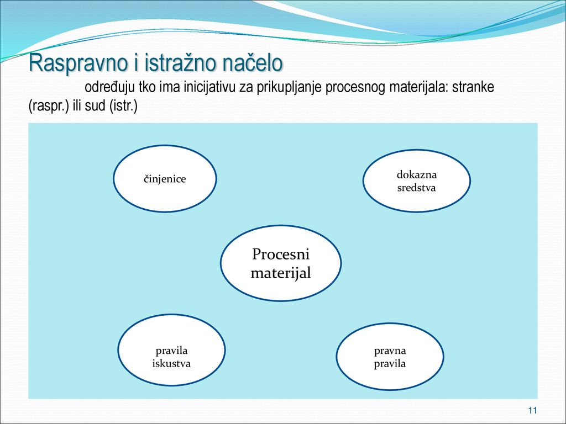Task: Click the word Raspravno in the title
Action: click(78, 63)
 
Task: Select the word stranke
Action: click(473, 87)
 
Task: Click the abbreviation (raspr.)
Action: click(49, 107)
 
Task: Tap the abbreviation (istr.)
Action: click(123, 106)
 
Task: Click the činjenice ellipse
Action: click(165, 178)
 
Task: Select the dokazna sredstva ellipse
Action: click(417, 181)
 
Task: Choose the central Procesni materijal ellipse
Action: click(281, 263)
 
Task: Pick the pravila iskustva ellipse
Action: click(171, 349)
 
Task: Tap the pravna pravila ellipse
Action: click(390, 357)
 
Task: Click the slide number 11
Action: click(532, 410)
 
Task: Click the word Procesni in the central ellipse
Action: click(281, 254)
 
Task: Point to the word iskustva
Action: click(171, 363)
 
